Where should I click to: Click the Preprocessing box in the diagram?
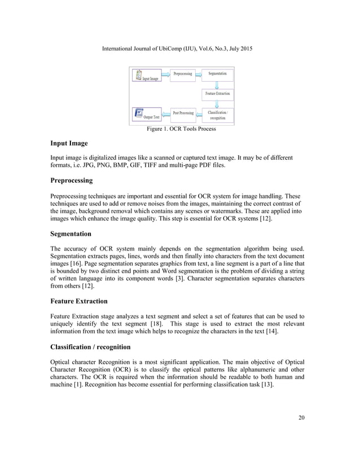click(182, 74)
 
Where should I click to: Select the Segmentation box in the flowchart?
click(217, 74)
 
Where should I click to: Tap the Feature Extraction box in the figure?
click(217, 93)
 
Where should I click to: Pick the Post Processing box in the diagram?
click(183, 113)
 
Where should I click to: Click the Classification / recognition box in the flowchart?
click(218, 115)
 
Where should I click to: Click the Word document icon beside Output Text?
click(138, 113)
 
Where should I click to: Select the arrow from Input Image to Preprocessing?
click(166, 74)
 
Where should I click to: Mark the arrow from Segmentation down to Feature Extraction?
click(217, 84)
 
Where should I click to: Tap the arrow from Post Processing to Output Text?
click(166, 113)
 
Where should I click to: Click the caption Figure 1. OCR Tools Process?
click(181, 129)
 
